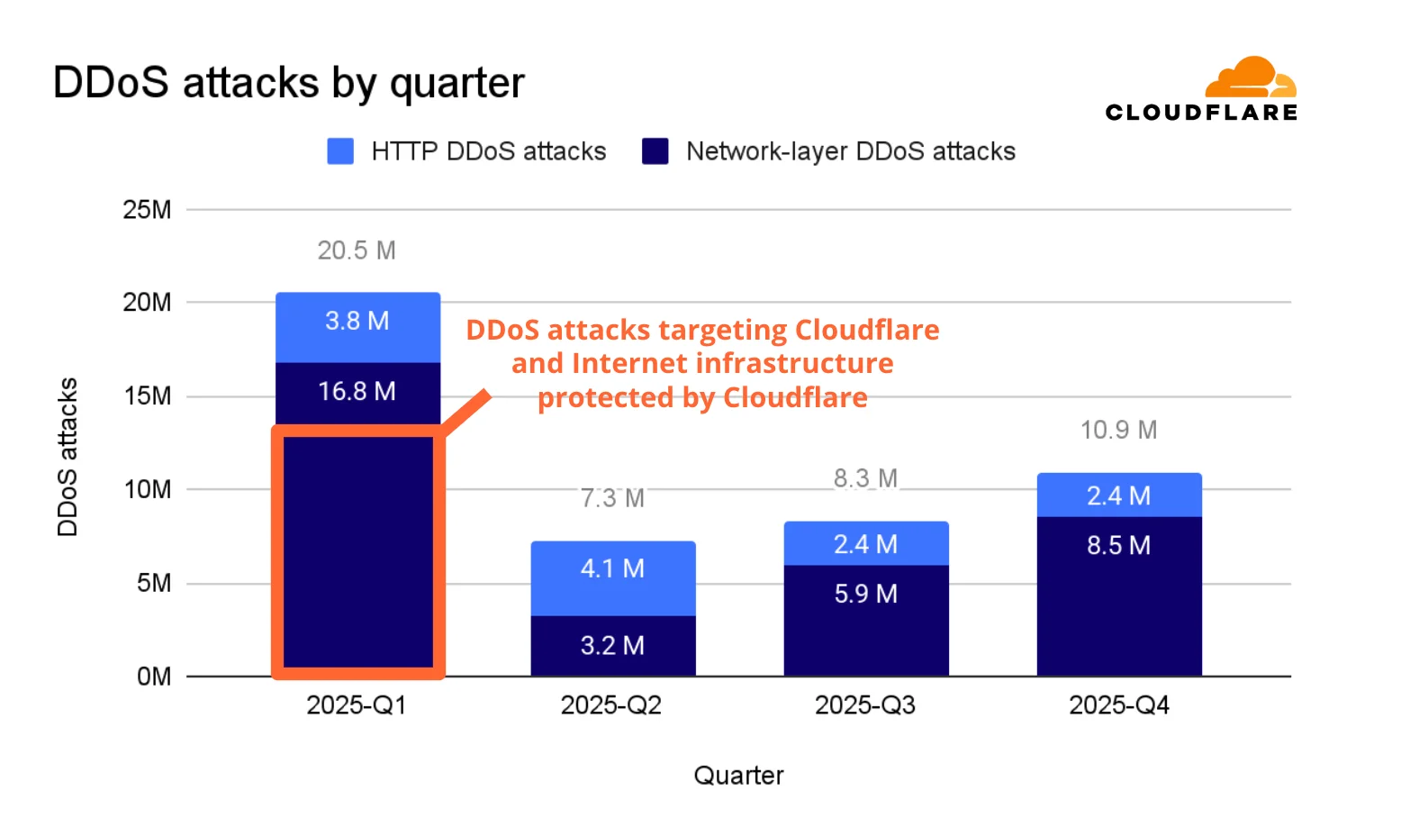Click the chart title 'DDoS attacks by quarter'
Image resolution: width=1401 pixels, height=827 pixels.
click(288, 83)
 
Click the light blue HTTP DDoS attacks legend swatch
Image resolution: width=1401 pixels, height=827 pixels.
click(340, 151)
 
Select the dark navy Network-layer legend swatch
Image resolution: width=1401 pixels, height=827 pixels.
click(655, 151)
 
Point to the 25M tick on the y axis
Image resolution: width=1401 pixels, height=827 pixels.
click(147, 210)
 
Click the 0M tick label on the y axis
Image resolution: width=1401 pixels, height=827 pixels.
click(153, 677)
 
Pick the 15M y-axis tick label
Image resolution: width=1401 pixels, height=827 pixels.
click(147, 396)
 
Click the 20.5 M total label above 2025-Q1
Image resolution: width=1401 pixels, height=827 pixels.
click(357, 250)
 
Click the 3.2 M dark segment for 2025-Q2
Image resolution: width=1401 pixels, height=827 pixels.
click(612, 646)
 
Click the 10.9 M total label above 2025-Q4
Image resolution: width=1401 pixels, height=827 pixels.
click(1118, 430)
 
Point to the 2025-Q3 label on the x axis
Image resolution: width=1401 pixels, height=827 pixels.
click(864, 705)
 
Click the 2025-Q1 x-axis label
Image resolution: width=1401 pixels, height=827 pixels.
click(357, 705)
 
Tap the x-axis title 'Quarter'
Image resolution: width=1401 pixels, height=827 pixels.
click(738, 776)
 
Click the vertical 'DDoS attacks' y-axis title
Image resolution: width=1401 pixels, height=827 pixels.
click(68, 457)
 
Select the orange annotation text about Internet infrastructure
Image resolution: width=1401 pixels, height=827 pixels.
click(702, 363)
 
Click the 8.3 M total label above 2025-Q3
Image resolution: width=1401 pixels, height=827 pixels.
click(865, 478)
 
